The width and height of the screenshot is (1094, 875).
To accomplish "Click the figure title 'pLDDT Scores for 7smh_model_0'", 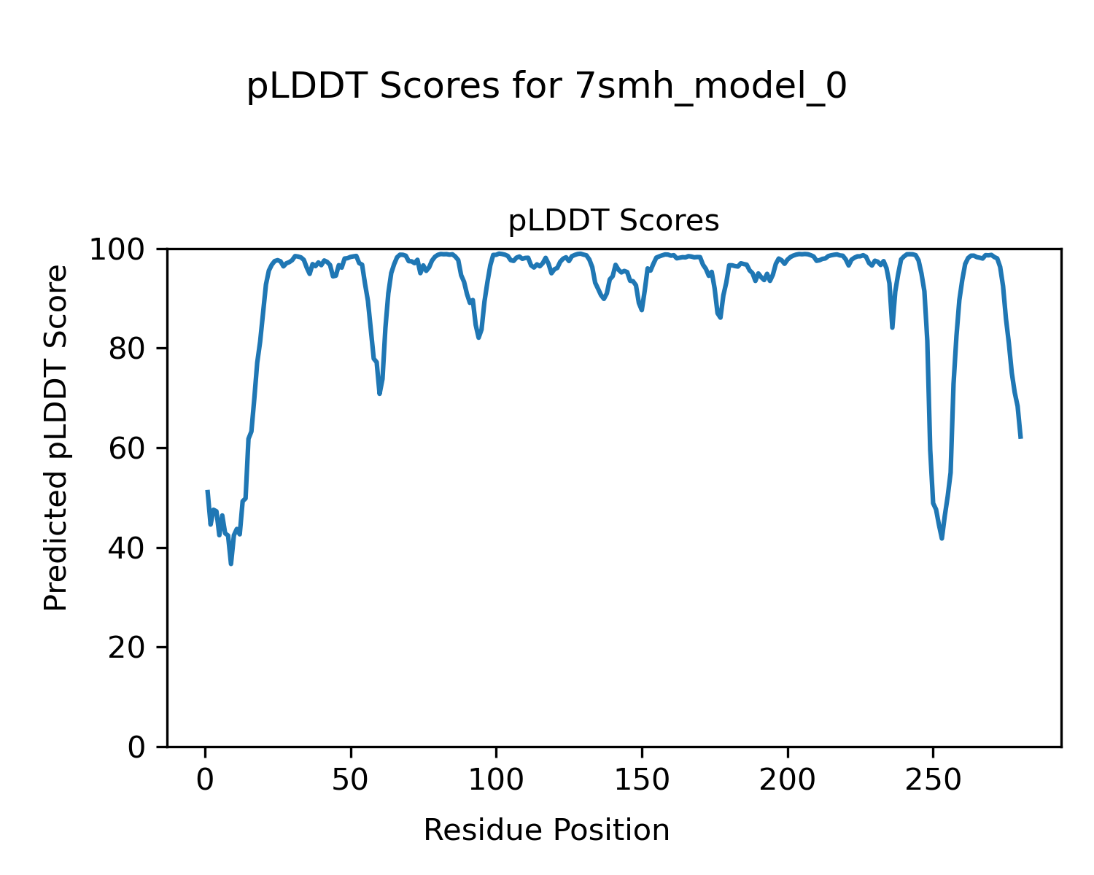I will pyautogui.click(x=546, y=87).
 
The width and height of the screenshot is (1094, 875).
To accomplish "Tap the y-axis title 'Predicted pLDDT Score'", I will pyautogui.click(x=56, y=437).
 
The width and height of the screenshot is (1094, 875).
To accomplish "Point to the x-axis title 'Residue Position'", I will pyautogui.click(x=546, y=831).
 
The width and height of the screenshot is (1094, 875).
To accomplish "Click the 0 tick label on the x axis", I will pyautogui.click(x=206, y=781).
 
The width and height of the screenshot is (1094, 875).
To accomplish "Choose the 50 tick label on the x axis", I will pyautogui.click(x=351, y=781).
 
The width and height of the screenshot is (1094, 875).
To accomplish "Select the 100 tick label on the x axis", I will pyautogui.click(x=496, y=781).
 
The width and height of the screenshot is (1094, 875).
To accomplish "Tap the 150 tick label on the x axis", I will pyautogui.click(x=642, y=781).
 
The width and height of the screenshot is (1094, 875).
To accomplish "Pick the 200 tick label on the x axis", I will pyautogui.click(x=787, y=781).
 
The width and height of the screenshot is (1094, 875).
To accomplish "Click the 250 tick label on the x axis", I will pyautogui.click(x=933, y=781).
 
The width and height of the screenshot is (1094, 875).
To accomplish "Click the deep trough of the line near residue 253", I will pyautogui.click(x=942, y=538).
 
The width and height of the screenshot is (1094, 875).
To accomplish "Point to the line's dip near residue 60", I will pyautogui.click(x=380, y=394).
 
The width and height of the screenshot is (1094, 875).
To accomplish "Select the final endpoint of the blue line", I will pyautogui.click(x=1020, y=437).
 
